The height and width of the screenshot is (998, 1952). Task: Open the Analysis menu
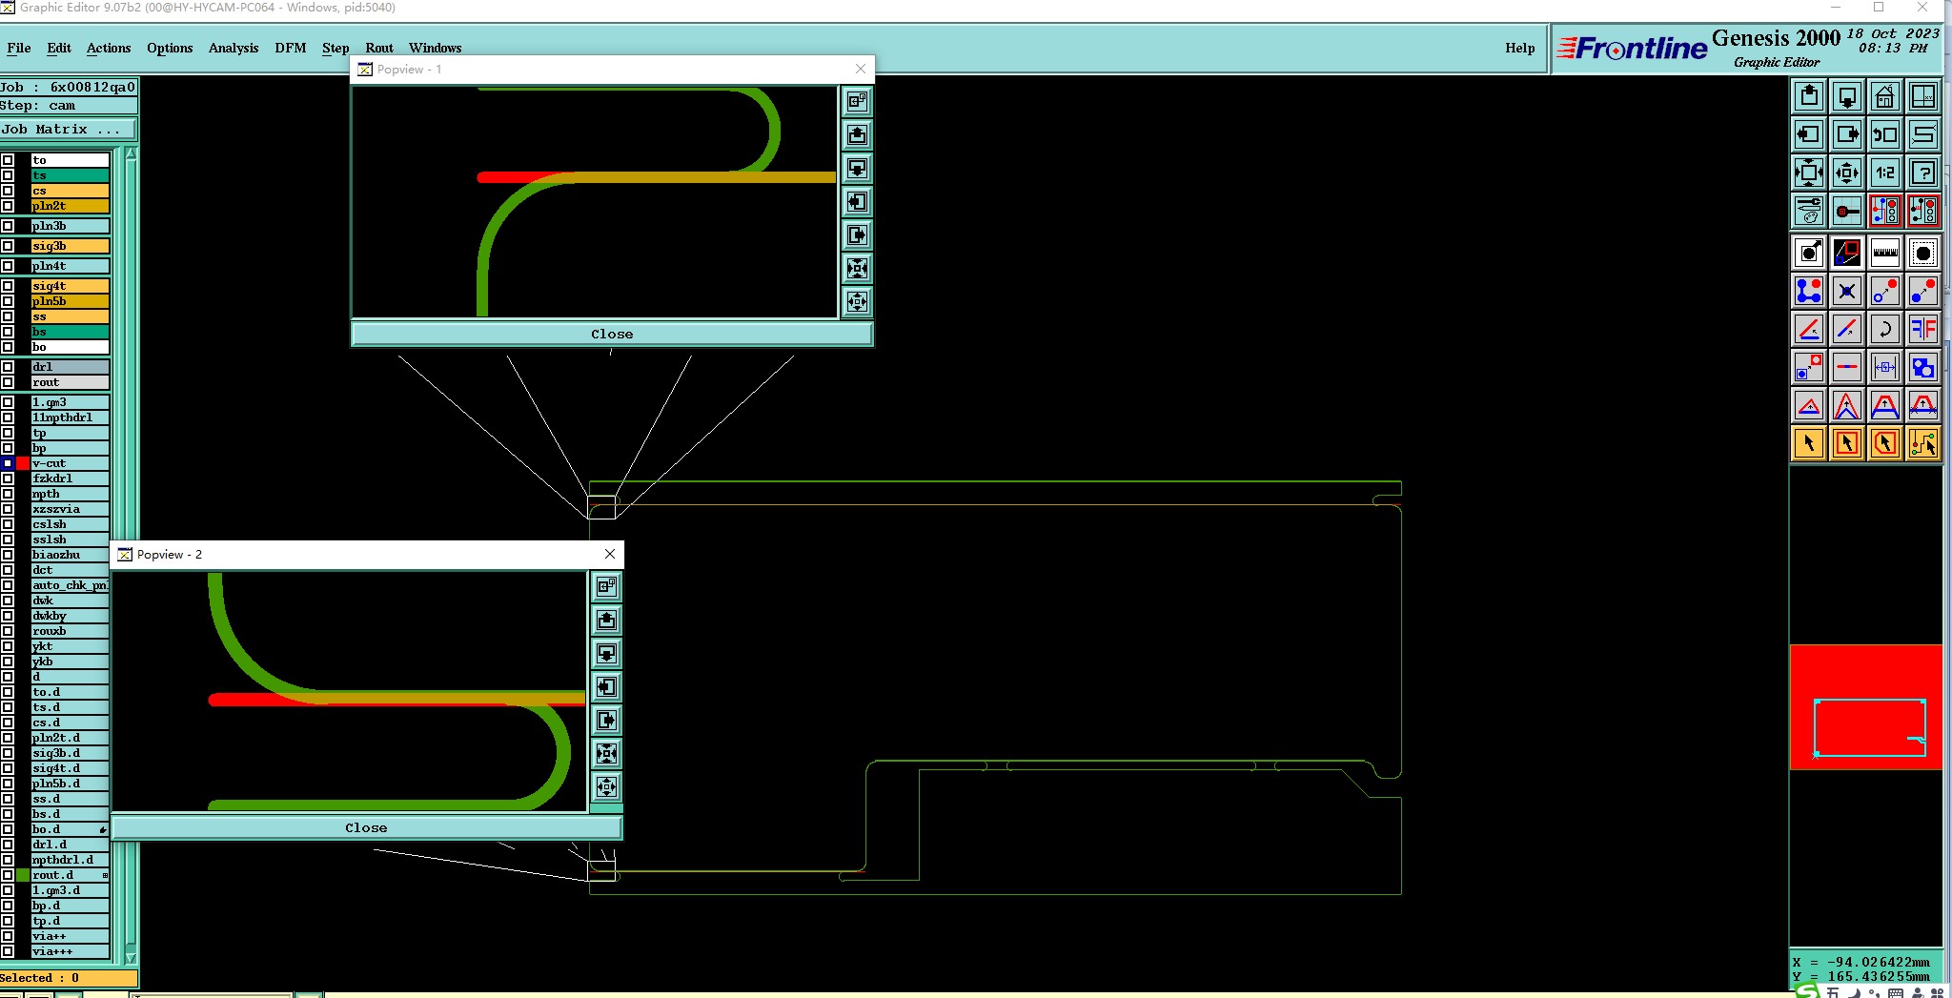233,48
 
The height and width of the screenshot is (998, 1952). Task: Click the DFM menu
290,48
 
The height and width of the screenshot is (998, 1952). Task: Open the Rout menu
378,48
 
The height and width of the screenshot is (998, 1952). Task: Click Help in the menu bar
1519,48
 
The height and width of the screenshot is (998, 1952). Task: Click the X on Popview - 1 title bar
861,69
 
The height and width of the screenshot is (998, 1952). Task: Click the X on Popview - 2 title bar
610,554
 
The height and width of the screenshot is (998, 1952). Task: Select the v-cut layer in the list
70,463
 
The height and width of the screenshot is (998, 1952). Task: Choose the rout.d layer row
70,875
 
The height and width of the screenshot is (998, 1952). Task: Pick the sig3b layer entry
70,246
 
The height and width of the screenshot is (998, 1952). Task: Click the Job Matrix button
67,130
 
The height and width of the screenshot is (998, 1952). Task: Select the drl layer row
70,367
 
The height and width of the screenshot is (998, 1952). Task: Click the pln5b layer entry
70,301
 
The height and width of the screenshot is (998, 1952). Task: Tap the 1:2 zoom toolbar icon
1884,173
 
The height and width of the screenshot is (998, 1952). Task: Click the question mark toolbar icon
1922,173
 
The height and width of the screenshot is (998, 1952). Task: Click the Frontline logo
1632,49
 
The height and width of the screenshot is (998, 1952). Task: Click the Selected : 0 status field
67,978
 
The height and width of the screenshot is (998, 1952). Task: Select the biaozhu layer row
70,555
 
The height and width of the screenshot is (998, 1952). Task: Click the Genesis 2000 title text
1776,38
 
